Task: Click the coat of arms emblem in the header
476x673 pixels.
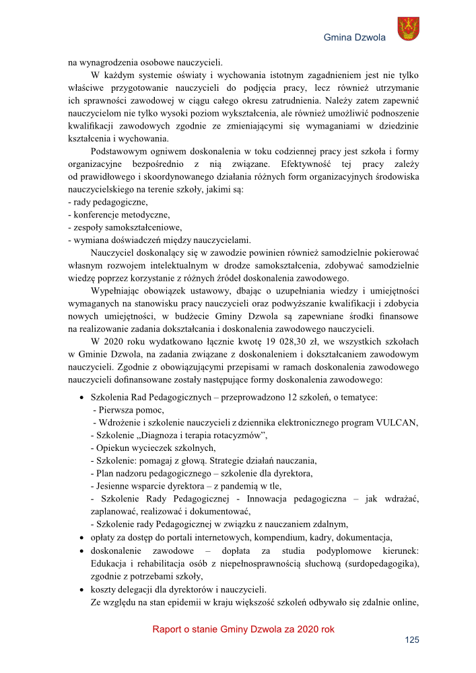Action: [408, 29]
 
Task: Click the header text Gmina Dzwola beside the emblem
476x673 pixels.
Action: [355, 38]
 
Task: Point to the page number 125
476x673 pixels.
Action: [412, 639]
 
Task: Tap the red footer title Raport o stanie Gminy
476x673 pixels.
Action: [243, 629]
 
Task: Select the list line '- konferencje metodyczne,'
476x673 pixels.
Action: [119, 215]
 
